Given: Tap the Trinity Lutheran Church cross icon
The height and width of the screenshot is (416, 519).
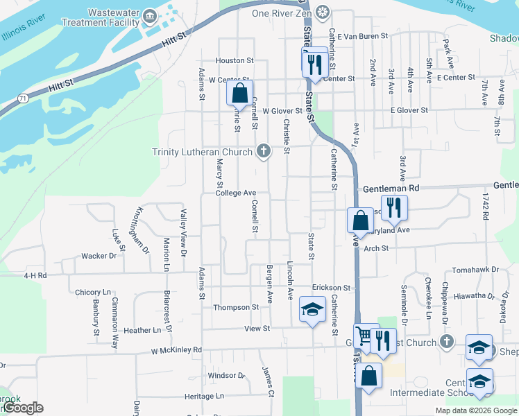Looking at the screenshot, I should click(x=263, y=150).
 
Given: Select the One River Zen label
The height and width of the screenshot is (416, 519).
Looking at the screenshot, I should click(x=280, y=12).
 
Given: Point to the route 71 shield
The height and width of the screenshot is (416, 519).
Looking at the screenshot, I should click(x=24, y=99).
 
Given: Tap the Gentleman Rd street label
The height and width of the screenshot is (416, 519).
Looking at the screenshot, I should click(x=391, y=188).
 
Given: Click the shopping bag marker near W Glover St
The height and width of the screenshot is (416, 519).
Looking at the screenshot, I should click(x=239, y=93).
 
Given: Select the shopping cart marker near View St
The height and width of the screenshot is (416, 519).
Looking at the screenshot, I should click(x=364, y=337).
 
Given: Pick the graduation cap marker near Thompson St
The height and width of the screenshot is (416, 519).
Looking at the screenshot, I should click(x=312, y=309).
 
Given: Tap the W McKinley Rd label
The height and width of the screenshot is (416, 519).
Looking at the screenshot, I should click(x=176, y=351).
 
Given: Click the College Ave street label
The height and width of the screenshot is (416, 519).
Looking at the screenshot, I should click(x=236, y=193).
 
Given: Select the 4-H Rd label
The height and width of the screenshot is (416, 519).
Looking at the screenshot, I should click(x=35, y=275).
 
